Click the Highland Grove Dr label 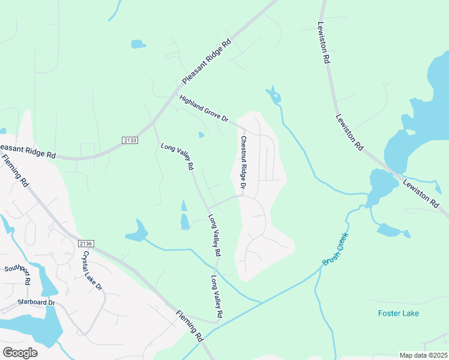tap(204, 109)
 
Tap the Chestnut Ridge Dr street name tap(244, 163)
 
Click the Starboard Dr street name tap(36, 302)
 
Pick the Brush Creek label tap(335, 251)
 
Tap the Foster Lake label tap(399, 313)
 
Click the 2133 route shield tap(130, 140)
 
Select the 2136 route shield tap(86, 243)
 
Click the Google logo tap(20, 352)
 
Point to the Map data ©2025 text tap(423, 355)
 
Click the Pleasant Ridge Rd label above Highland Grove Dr tap(206, 62)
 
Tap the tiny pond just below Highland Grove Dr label tap(201, 135)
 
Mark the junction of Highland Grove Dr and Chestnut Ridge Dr tap(240, 128)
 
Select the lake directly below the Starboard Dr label tap(36, 327)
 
